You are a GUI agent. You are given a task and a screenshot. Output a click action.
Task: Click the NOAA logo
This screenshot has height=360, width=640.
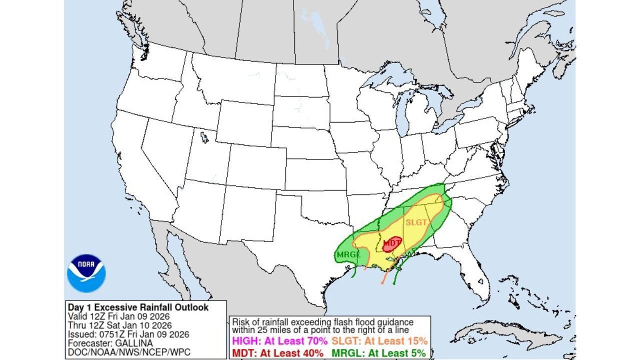click(86, 273)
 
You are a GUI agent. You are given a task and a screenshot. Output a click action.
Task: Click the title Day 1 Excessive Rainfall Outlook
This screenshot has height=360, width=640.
click(137, 307)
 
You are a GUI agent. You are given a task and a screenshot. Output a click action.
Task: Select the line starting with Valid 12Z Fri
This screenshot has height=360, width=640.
click(118, 316)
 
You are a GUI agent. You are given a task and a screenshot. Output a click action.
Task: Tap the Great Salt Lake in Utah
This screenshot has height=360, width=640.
click(204, 136)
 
